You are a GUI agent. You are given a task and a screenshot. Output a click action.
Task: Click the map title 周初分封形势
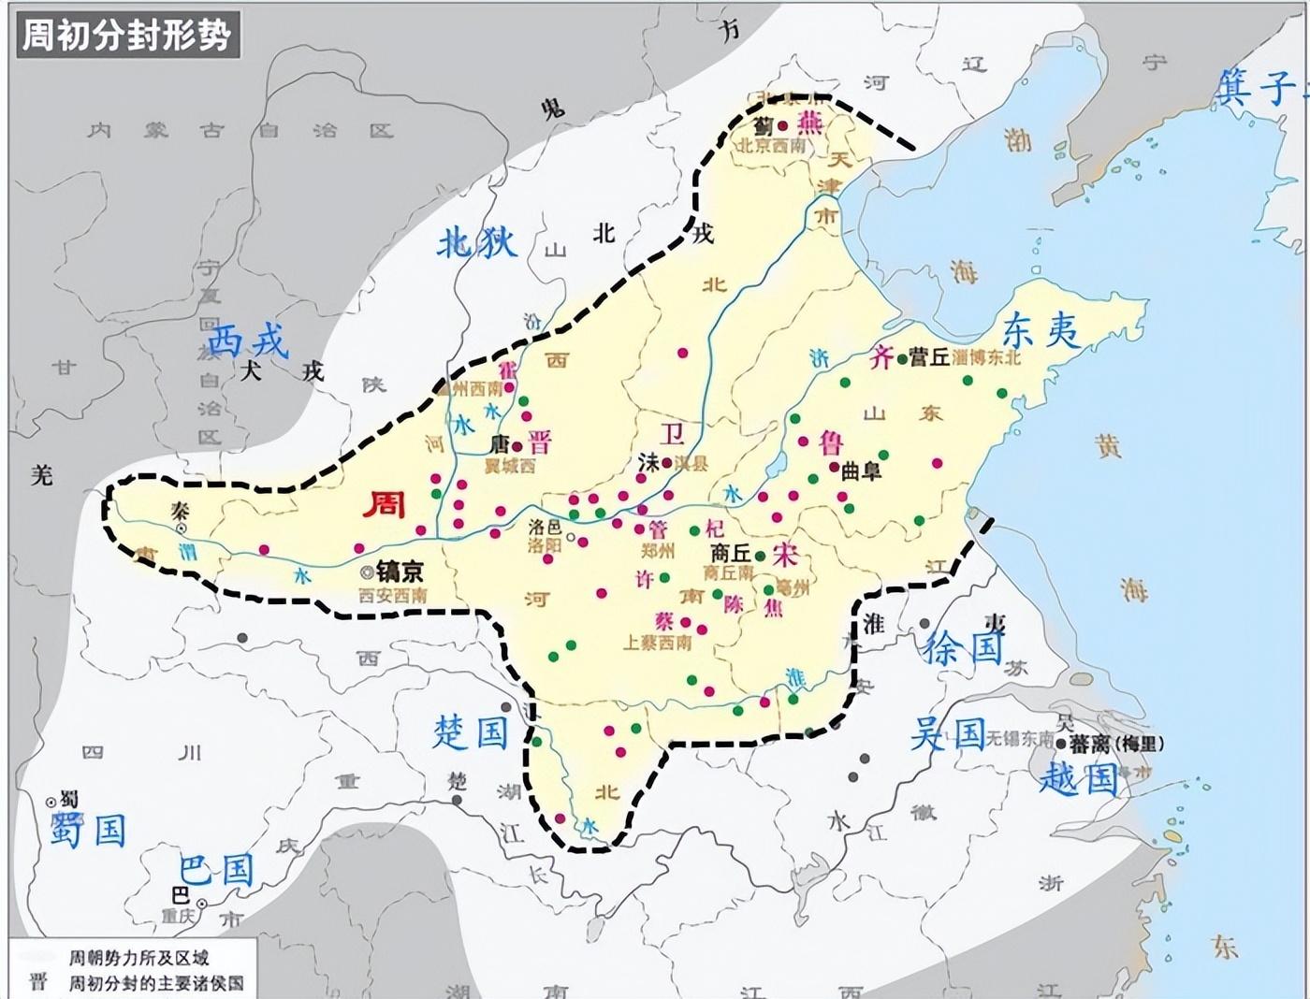[126, 35]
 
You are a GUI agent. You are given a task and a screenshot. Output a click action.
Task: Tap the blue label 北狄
[477, 242]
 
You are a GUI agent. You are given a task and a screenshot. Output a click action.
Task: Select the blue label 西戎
[249, 342]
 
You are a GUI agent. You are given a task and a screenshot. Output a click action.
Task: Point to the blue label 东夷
[1041, 330]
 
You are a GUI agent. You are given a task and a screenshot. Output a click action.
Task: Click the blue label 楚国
[470, 732]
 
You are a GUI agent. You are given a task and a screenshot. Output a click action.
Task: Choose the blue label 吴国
[948, 735]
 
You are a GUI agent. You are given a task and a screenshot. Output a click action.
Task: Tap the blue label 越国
[1079, 777]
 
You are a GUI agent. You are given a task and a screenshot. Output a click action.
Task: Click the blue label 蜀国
[88, 830]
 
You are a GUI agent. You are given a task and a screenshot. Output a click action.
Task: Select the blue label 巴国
[216, 870]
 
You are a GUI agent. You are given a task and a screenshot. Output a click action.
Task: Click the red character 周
[384, 504]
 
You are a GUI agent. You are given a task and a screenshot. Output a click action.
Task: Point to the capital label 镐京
[400, 572]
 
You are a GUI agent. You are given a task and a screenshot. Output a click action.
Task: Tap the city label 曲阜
[861, 471]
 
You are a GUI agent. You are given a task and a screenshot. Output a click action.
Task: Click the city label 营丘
[930, 357]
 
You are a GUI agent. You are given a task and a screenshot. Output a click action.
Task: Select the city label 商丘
[731, 553]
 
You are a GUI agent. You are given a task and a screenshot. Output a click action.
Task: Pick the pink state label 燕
[809, 123]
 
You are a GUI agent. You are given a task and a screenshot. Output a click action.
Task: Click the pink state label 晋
[540, 442]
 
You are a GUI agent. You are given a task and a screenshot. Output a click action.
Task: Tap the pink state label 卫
[673, 433]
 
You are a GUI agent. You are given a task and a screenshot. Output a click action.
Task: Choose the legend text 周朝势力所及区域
[138, 959]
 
